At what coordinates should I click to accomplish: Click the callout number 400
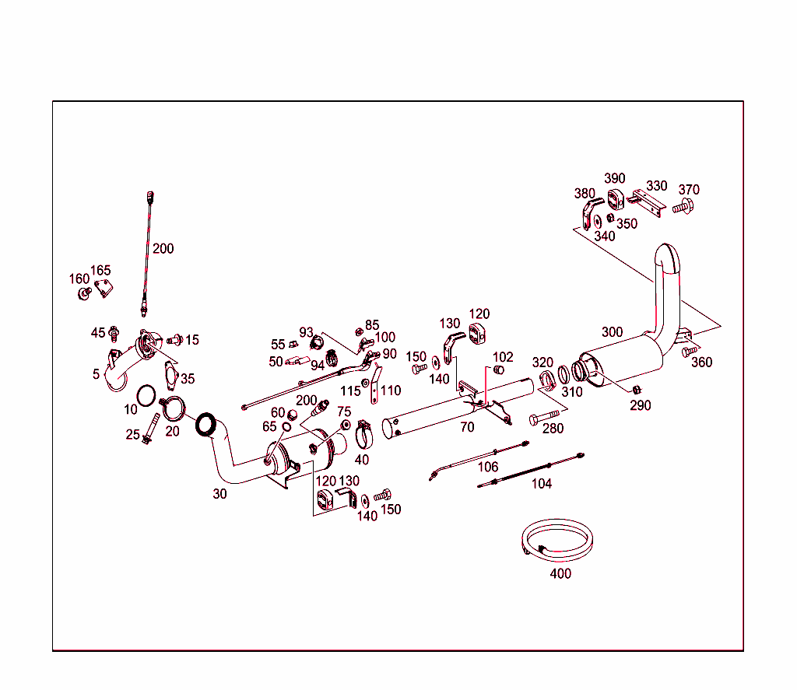(x=560, y=574)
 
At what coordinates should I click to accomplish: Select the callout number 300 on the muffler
(x=612, y=332)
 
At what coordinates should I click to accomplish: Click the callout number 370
(x=689, y=190)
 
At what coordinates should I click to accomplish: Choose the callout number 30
(x=220, y=493)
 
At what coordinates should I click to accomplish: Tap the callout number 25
(x=133, y=434)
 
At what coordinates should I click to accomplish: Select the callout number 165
(x=100, y=271)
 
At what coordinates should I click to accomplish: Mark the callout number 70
(x=467, y=427)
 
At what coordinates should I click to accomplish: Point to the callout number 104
(x=542, y=484)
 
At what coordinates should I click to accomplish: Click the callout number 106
(x=487, y=467)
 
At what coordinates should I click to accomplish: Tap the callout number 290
(x=641, y=405)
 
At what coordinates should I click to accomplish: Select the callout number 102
(x=504, y=357)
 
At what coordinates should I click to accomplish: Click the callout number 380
(x=585, y=194)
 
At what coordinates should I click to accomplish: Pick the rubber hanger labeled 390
(x=617, y=198)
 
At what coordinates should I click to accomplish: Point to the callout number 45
(x=97, y=333)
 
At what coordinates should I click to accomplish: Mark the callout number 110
(x=391, y=391)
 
